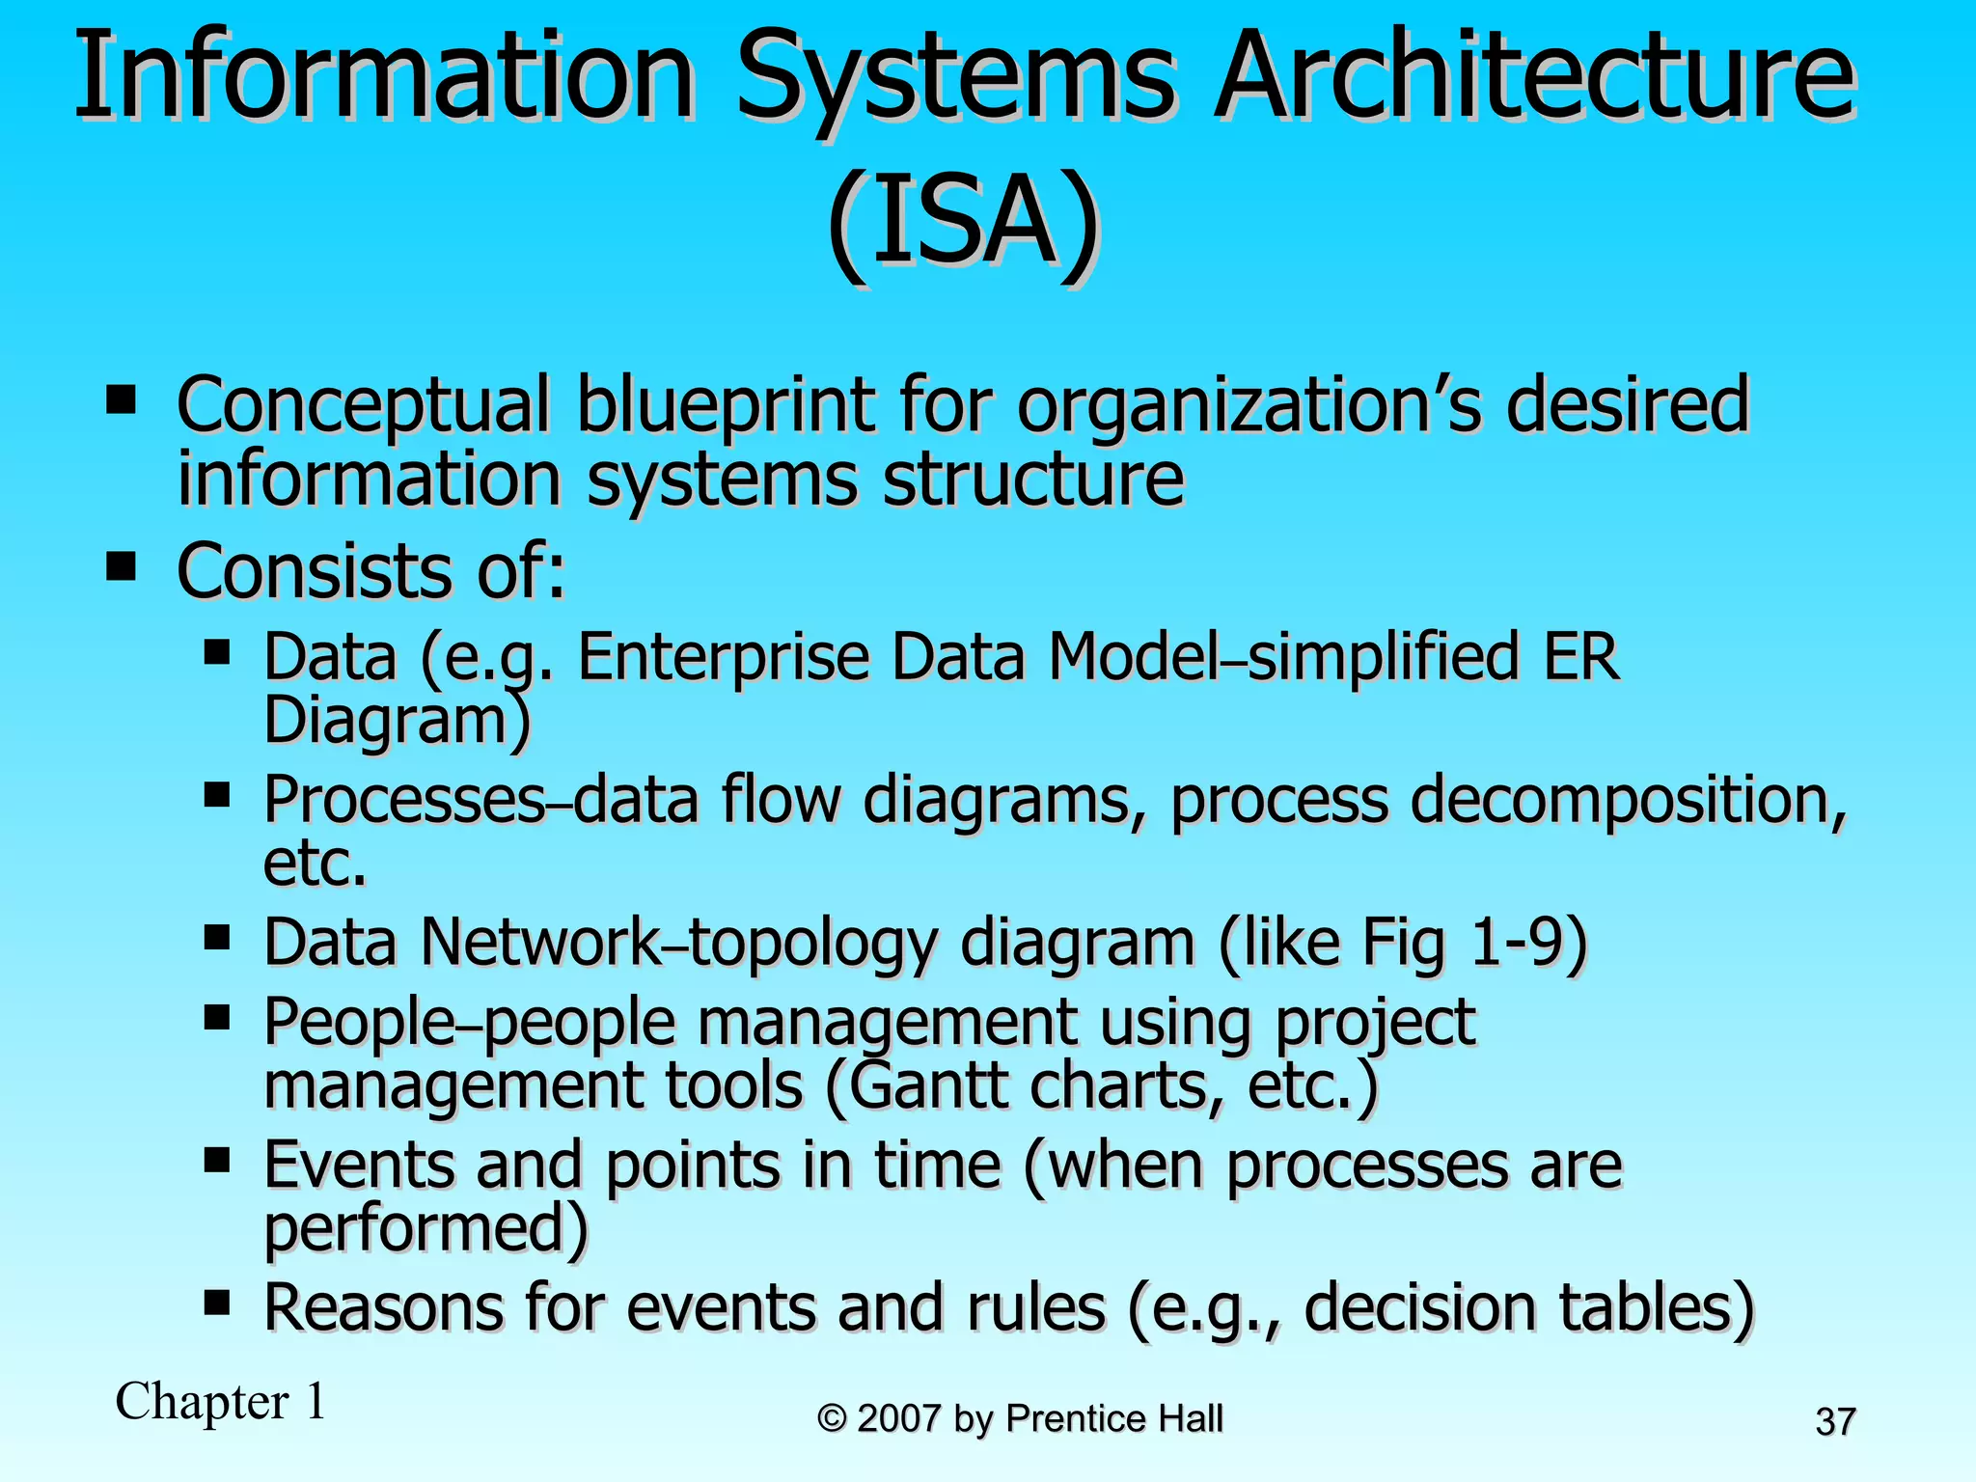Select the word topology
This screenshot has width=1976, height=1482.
tap(811, 944)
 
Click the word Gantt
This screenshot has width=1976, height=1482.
tap(925, 1085)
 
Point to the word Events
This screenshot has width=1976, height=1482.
tap(358, 1166)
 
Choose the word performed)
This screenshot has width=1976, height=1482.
tap(425, 1228)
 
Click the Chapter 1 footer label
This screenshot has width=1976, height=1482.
tap(221, 1401)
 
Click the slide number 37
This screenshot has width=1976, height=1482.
tap(1835, 1422)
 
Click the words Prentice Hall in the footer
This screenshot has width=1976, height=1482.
tap(1114, 1418)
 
